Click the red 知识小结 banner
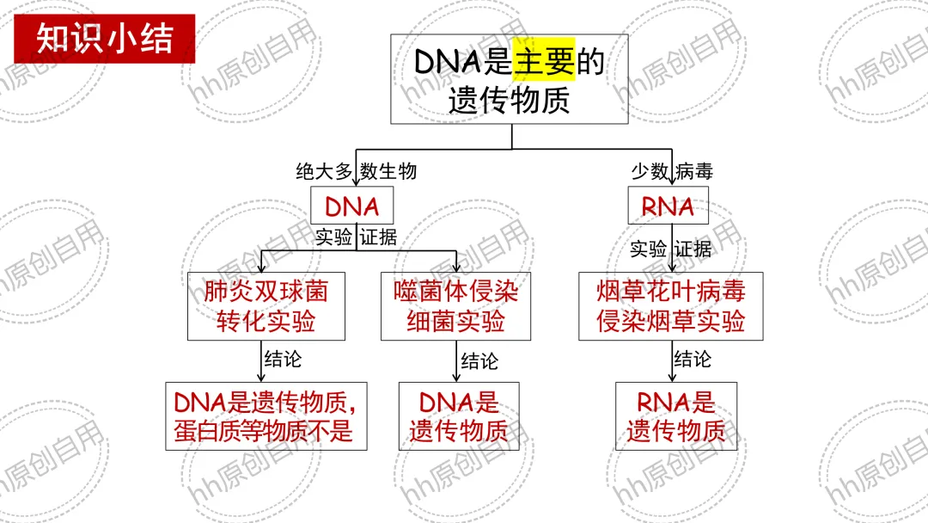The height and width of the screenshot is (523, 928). pyautogui.click(x=104, y=39)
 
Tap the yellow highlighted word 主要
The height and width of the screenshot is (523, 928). pyautogui.click(x=543, y=61)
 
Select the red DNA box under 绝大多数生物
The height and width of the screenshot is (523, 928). pyautogui.click(x=352, y=206)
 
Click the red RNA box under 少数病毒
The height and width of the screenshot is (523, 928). pyautogui.click(x=668, y=206)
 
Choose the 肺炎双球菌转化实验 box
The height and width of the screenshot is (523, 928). pyautogui.click(x=266, y=306)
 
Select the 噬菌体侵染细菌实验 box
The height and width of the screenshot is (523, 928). pyautogui.click(x=455, y=306)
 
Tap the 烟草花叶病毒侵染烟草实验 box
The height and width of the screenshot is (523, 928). pyautogui.click(x=671, y=306)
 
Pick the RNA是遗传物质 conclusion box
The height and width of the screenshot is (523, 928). pyautogui.click(x=675, y=416)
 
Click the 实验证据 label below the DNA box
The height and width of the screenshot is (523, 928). pyautogui.click(x=356, y=237)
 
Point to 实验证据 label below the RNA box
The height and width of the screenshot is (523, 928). pyautogui.click(x=670, y=249)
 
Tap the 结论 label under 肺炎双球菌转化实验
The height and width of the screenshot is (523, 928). pyautogui.click(x=283, y=359)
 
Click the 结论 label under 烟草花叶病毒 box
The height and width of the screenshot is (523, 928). pyautogui.click(x=692, y=359)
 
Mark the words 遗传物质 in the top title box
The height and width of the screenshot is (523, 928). pyautogui.click(x=509, y=101)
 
